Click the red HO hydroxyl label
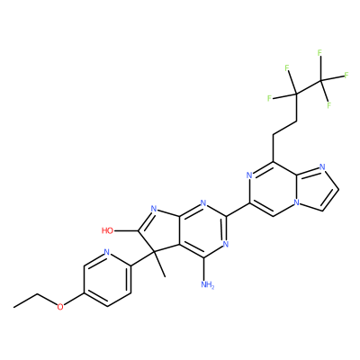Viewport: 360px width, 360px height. (x=107, y=230)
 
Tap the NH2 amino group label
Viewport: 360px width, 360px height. (x=208, y=284)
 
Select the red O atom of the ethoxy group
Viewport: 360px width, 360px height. (x=60, y=307)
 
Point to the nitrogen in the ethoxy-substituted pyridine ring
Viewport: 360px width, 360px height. (x=106, y=252)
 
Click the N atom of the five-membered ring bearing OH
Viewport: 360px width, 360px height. (x=154, y=208)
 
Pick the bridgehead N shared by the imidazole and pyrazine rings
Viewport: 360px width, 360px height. (x=296, y=202)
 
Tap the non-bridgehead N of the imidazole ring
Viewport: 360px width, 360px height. (x=322, y=167)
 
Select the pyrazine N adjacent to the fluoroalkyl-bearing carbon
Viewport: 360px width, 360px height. (x=249, y=175)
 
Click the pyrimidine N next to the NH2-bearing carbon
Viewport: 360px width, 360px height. (x=226, y=244)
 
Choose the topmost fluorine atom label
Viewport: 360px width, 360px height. (x=319, y=53)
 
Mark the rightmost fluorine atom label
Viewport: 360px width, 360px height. (x=346, y=75)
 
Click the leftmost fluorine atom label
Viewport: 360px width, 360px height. (x=269, y=98)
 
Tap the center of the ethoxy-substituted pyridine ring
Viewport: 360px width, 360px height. (x=108, y=279)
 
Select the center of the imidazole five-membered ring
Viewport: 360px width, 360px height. (x=316, y=188)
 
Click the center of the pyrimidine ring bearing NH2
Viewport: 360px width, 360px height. (x=203, y=230)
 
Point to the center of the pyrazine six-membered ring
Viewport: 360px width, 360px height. (x=273, y=189)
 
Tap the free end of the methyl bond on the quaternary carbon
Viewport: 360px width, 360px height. (x=165, y=276)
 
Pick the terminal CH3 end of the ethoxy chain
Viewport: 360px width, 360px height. (x=13, y=307)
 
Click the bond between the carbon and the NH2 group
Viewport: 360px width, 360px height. (x=203, y=269)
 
